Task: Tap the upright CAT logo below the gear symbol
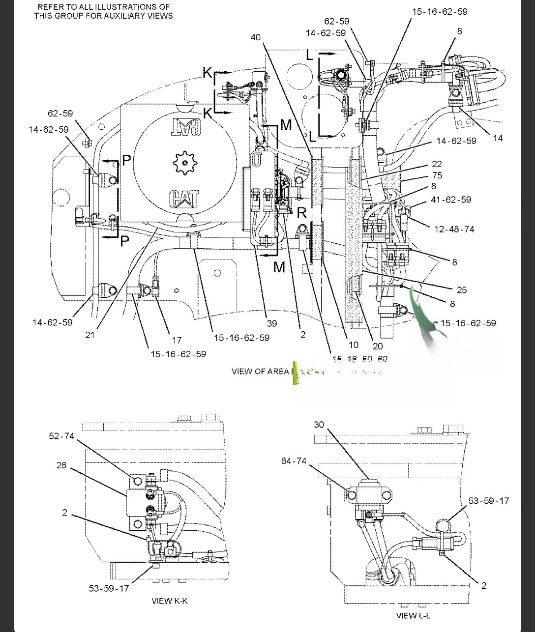pos(184,199)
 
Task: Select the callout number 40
pos(255,37)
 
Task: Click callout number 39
pos(271,323)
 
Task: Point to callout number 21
pos(89,335)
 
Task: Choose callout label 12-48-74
pos(454,229)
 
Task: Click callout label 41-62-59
pos(450,200)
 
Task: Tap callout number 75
pos(437,175)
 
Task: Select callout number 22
pos(437,164)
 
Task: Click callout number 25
pos(461,290)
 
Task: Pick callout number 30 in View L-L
pos(319,424)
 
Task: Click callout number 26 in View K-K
pos(61,465)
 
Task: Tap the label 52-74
pos(61,436)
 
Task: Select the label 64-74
pos(294,460)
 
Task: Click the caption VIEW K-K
pos(170,601)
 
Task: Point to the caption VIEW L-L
pos(413,616)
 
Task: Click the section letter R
pos(302,213)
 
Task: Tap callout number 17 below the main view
pos(177,340)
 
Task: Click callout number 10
pos(354,345)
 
